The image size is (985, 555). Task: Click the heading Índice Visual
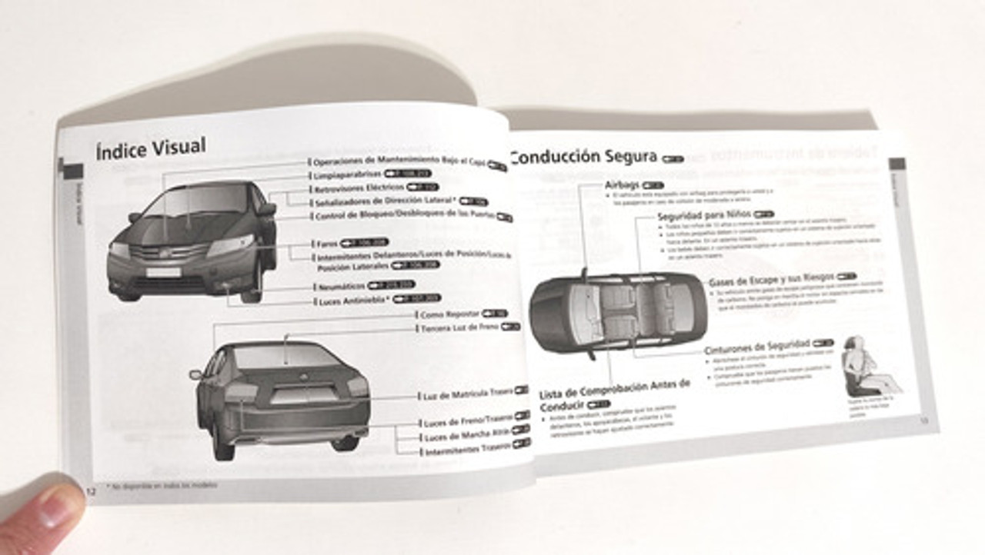[150, 148]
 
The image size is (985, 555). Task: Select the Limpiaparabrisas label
[347, 175]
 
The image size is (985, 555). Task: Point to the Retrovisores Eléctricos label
[359, 188]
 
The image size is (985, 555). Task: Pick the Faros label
[327, 244]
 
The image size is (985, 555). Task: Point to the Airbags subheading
[622, 185]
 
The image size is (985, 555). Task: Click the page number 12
[90, 491]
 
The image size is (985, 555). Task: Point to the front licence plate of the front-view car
[163, 271]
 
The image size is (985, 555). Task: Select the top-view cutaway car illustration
[617, 311]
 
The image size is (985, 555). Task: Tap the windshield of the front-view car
[196, 203]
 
